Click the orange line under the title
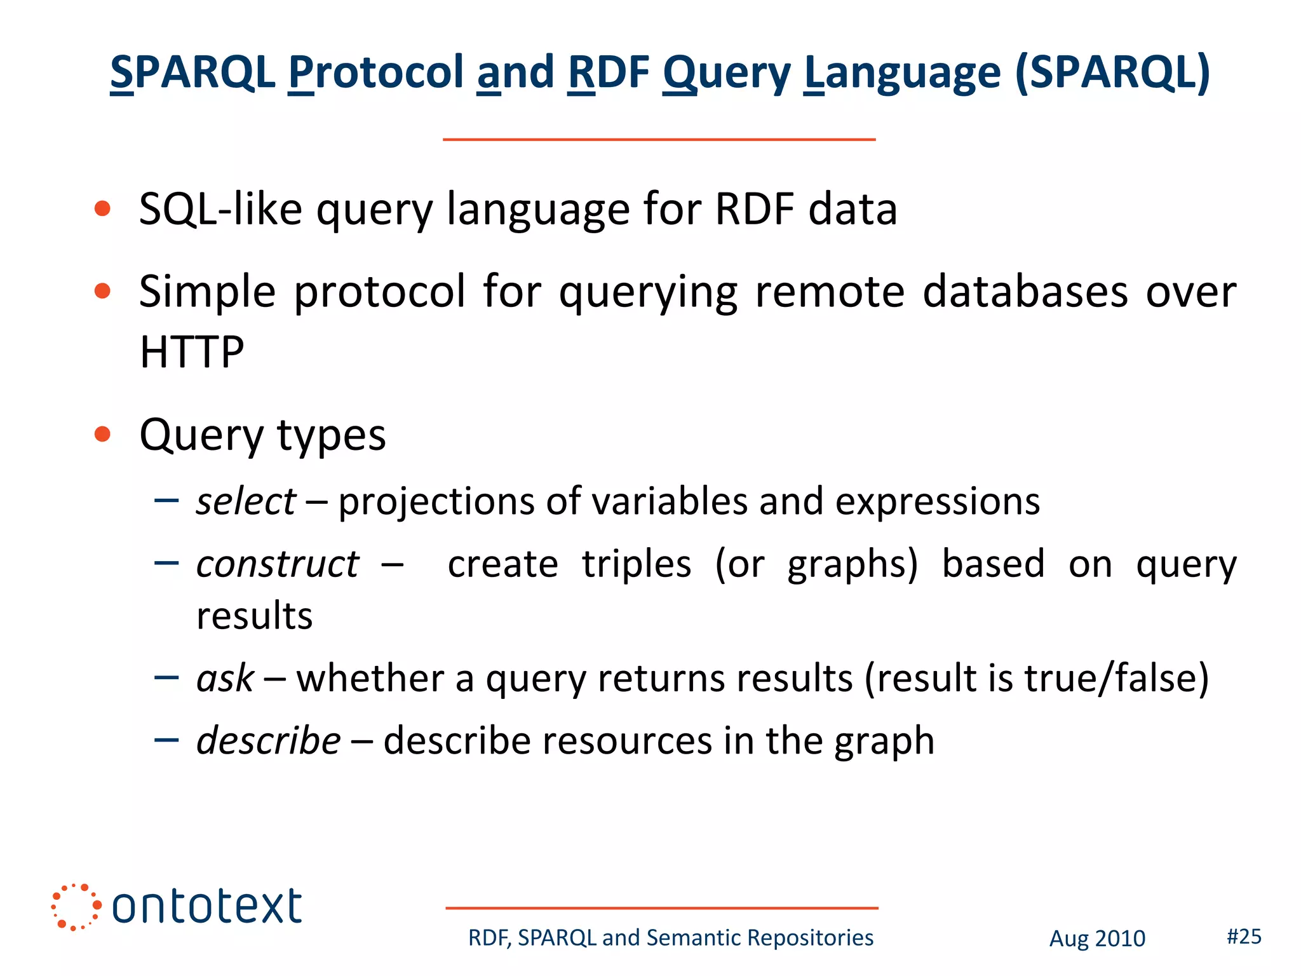tap(659, 139)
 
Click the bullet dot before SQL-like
tap(102, 209)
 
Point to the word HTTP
tap(192, 352)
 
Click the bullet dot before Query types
tap(102, 435)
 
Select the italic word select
tap(246, 501)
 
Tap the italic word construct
tap(278, 564)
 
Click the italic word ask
tap(225, 678)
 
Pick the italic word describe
tap(269, 741)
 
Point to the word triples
tap(637, 564)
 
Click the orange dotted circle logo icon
tap(76, 907)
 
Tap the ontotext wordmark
tap(206, 907)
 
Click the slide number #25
tap(1243, 936)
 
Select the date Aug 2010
tap(1096, 939)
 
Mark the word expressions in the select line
tap(937, 501)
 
